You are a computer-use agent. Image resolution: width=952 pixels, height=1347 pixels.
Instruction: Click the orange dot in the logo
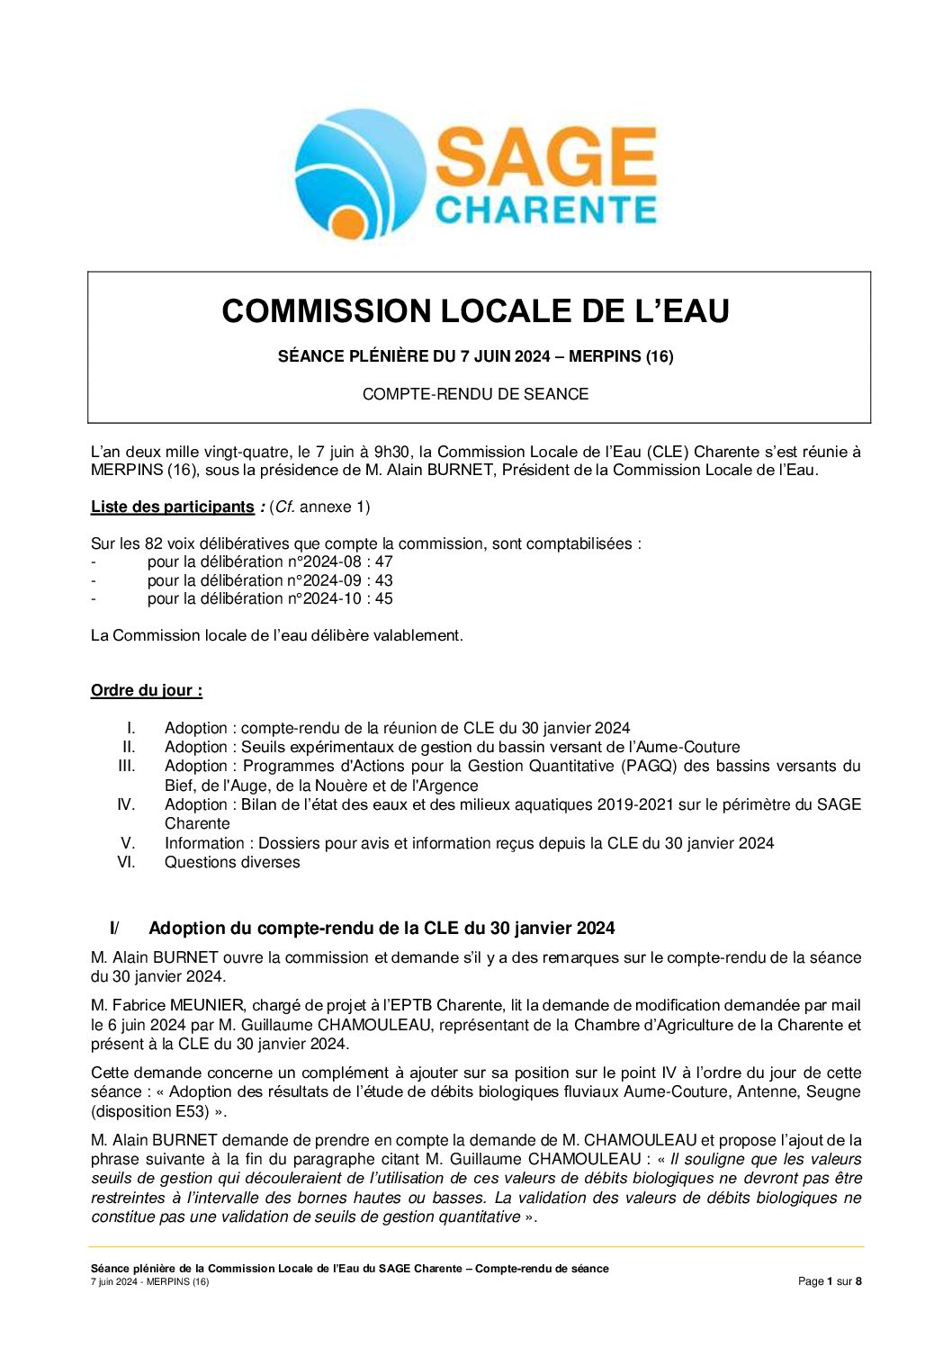click(x=346, y=223)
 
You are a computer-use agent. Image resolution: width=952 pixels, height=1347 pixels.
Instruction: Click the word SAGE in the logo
click(x=546, y=158)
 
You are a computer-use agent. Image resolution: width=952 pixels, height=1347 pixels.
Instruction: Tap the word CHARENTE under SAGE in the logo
click(x=546, y=210)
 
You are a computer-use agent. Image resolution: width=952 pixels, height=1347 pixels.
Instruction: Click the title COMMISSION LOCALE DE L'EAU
click(x=475, y=311)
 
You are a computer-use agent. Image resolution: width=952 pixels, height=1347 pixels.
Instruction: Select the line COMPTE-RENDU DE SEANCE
click(x=475, y=394)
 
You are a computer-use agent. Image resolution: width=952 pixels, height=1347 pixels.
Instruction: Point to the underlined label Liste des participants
click(x=172, y=507)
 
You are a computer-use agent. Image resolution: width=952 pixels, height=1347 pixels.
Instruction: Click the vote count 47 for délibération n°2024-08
click(x=383, y=562)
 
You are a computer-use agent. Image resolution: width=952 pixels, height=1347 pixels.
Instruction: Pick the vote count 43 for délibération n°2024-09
click(x=383, y=581)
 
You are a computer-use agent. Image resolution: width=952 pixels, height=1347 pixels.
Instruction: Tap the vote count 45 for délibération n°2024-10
click(x=383, y=599)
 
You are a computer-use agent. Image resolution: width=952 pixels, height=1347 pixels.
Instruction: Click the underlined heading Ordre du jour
click(x=147, y=691)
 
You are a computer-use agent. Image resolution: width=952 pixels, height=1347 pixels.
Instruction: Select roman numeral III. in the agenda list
click(x=127, y=766)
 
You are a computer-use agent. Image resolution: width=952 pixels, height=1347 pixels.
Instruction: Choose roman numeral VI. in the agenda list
click(x=126, y=862)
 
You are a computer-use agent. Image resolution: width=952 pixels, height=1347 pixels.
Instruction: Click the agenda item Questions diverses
click(x=232, y=863)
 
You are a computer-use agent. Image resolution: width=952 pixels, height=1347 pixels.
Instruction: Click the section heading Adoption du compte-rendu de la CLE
click(x=382, y=929)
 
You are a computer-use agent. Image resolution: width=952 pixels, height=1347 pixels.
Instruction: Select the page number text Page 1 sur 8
click(x=830, y=1282)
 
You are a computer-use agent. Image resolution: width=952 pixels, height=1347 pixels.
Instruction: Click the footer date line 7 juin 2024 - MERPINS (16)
click(x=149, y=1282)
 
